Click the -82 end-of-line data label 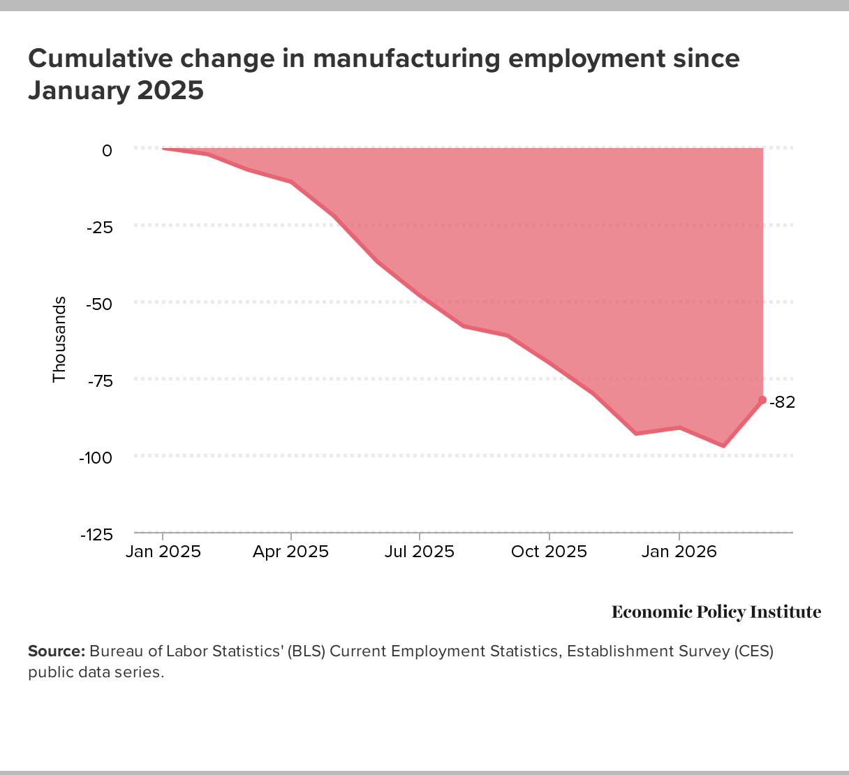coord(783,402)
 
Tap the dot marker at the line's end coord(762,400)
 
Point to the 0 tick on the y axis coord(107,150)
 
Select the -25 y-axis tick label coord(98,227)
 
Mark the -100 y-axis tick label coord(96,457)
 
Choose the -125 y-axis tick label coord(96,534)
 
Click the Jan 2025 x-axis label coord(163,552)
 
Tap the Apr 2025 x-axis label coord(290,552)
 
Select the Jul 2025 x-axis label coord(420,552)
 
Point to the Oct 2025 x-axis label coord(549,552)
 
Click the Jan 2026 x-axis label coord(679,552)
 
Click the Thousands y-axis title coord(59,339)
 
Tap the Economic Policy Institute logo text coord(716,612)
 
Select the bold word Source coord(56,651)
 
